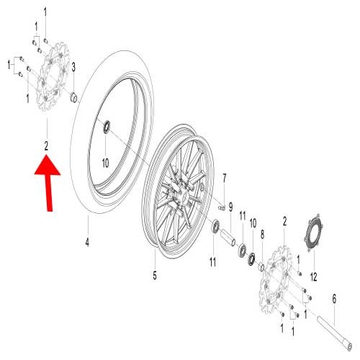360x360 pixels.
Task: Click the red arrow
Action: pyautogui.click(x=49, y=182)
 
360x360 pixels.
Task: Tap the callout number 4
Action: pyautogui.click(x=87, y=242)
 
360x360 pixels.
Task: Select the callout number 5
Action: pyautogui.click(x=155, y=275)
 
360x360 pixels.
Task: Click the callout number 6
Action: pyautogui.click(x=334, y=299)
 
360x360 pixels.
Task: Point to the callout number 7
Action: pyautogui.click(x=225, y=178)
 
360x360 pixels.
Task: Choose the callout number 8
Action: pyautogui.click(x=262, y=235)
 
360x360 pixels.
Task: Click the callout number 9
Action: pyautogui.click(x=230, y=207)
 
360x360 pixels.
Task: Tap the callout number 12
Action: pyautogui.click(x=313, y=276)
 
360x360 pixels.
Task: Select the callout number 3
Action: pyautogui.click(x=73, y=67)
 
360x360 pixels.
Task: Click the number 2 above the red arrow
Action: pyautogui.click(x=46, y=145)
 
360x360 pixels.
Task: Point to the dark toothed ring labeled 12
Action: pyautogui.click(x=315, y=233)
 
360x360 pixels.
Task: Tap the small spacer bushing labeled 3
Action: pyautogui.click(x=73, y=98)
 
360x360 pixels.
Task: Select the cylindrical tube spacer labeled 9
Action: pyautogui.click(x=228, y=238)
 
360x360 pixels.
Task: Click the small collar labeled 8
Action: pyautogui.click(x=261, y=267)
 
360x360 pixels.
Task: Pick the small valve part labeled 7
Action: pyautogui.click(x=222, y=208)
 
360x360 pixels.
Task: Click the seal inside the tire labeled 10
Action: pyautogui.click(x=107, y=127)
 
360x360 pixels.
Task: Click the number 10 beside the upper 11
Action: pyautogui.click(x=253, y=223)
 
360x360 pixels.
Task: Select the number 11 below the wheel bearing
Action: pyautogui.click(x=212, y=262)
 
